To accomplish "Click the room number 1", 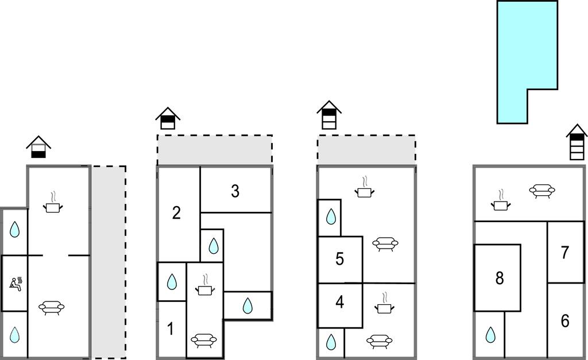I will [171, 329].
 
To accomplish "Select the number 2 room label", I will [176, 213].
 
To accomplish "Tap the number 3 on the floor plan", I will [235, 191].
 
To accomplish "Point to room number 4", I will [339, 302].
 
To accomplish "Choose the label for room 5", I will [339, 259].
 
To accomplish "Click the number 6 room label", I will [564, 321].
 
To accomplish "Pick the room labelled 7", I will [564, 252].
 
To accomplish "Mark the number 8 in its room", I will [499, 278].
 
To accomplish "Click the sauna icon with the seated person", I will [16, 282].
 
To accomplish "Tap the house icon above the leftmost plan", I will [38, 148].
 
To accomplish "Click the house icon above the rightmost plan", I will [577, 142].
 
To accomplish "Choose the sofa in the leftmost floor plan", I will [52, 308].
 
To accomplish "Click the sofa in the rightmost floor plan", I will [541, 191].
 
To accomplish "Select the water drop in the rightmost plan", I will [490, 334].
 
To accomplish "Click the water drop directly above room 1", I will [171, 281].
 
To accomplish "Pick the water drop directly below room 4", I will [331, 342].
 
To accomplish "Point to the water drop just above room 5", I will [331, 216].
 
